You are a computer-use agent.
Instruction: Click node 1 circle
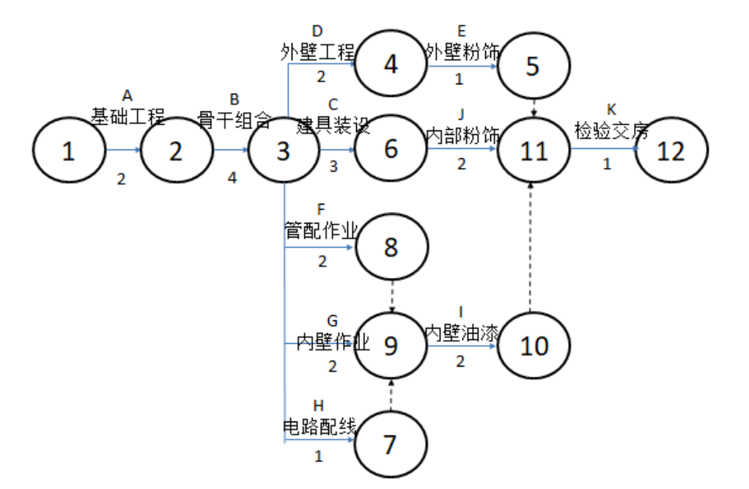(x=68, y=151)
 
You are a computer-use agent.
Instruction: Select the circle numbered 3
(x=283, y=151)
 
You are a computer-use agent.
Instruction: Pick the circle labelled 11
(x=533, y=151)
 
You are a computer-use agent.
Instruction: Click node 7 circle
(x=390, y=444)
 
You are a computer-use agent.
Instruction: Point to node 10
(x=533, y=345)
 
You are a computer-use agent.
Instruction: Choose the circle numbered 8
(x=391, y=248)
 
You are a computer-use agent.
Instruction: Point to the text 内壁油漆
(x=462, y=332)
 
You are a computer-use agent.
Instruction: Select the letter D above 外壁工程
(x=317, y=32)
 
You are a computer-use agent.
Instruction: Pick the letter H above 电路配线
(x=318, y=405)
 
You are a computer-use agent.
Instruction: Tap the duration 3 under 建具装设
(x=333, y=166)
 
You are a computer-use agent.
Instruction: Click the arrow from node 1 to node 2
(x=122, y=150)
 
